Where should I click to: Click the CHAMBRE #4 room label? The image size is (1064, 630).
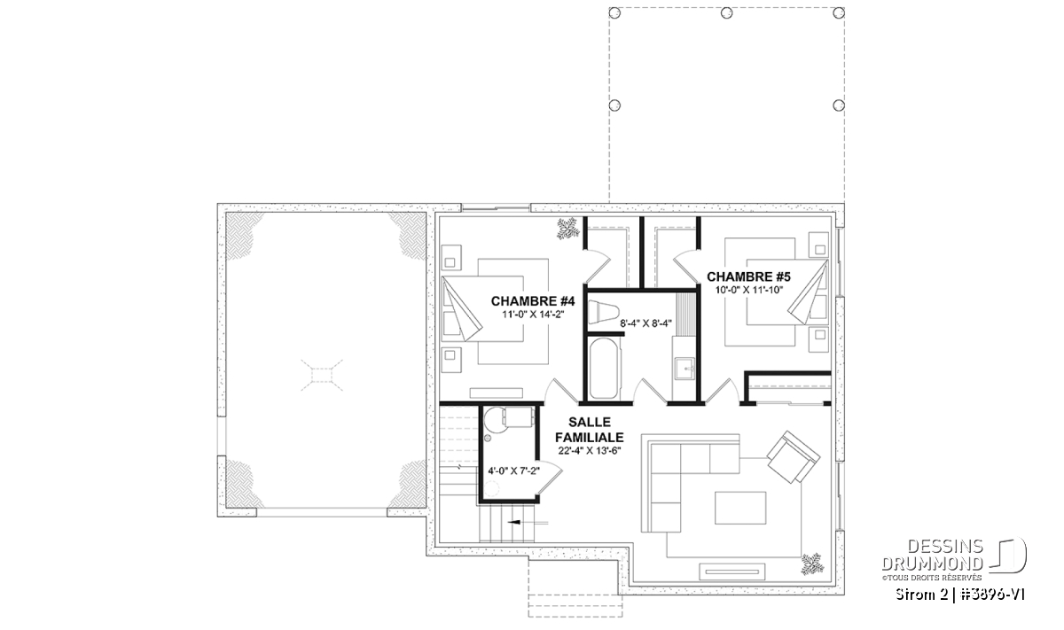533,301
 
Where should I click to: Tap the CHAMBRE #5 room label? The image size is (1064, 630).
748,276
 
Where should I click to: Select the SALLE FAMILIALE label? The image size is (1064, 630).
590,430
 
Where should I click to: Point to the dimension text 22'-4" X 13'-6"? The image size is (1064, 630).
590,450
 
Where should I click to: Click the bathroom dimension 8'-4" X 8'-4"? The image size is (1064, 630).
645,323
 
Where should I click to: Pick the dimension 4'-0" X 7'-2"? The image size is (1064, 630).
514,471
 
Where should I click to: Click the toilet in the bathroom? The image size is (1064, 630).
603,313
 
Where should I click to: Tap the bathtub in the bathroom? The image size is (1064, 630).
604,369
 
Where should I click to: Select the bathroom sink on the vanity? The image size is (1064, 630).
685,369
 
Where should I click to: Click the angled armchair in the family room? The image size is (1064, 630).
793,456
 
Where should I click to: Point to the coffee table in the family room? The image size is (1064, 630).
740,508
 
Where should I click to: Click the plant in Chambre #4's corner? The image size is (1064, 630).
567,229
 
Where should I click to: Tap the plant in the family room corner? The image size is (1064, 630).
812,564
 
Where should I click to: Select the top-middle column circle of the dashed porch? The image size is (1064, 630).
726,12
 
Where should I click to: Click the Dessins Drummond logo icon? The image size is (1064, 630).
1008,556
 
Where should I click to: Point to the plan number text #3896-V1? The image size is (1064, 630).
992,595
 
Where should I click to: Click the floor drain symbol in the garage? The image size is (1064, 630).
322,376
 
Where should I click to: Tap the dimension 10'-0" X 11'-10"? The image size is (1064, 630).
749,290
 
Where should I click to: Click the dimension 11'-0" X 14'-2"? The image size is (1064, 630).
533,314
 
